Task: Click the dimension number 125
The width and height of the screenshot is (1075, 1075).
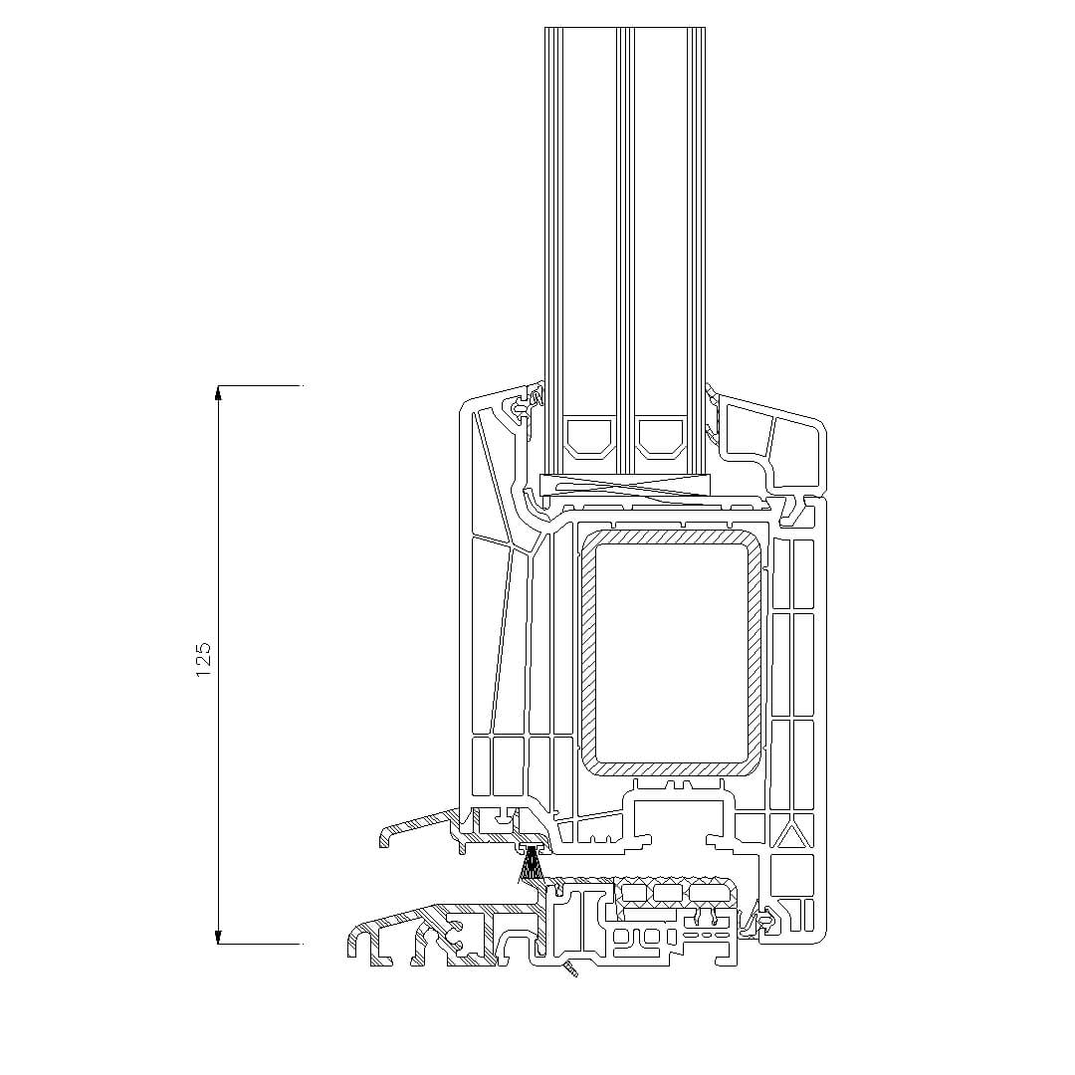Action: tap(203, 660)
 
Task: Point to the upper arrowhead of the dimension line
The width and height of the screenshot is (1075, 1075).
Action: tap(219, 392)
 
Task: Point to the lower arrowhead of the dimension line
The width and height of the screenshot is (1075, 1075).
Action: tap(219, 938)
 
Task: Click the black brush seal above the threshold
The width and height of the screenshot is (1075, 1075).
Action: tap(531, 866)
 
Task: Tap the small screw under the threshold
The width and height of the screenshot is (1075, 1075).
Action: tap(570, 968)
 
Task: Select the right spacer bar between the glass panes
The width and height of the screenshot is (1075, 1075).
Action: tap(661, 438)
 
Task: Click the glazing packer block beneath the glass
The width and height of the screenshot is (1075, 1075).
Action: tap(624, 486)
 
